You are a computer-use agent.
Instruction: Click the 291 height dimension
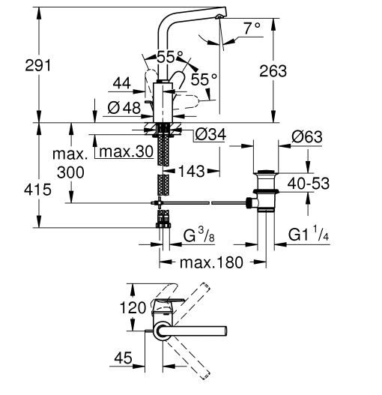click(x=38, y=65)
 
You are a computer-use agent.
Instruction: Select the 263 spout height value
click(x=273, y=71)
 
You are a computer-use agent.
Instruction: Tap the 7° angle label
click(x=252, y=28)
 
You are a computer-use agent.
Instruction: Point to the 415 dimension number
click(x=37, y=190)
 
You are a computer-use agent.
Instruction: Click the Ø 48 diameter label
click(x=124, y=108)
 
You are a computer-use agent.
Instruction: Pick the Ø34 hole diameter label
click(x=210, y=134)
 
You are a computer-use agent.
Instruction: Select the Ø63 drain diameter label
click(x=307, y=137)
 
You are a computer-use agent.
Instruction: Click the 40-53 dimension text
click(x=309, y=183)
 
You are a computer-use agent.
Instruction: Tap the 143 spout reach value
click(x=192, y=172)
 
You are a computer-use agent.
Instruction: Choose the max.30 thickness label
click(x=126, y=151)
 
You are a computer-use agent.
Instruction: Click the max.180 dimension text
click(x=211, y=262)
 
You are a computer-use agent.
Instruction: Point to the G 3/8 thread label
click(x=199, y=235)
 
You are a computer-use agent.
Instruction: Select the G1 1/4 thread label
click(x=309, y=235)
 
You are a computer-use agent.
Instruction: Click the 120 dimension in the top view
click(x=133, y=307)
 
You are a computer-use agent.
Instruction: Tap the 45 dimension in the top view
click(x=123, y=358)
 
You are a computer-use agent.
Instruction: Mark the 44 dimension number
click(x=121, y=83)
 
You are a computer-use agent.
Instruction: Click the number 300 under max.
click(x=70, y=172)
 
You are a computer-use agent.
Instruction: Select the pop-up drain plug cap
click(x=266, y=172)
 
